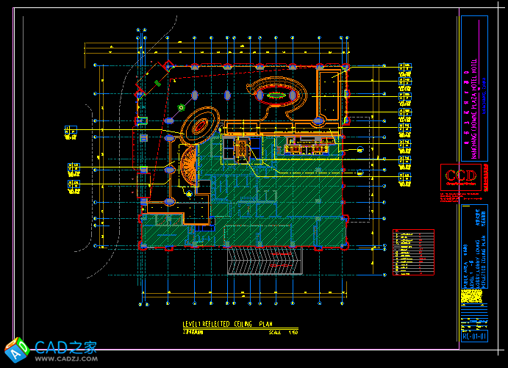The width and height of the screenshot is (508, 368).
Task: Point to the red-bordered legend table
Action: pyautogui.click(x=413, y=252)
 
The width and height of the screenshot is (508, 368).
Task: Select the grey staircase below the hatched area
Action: pyautogui.click(x=265, y=261)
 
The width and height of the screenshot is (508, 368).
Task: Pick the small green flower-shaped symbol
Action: pyautogui.click(x=181, y=107)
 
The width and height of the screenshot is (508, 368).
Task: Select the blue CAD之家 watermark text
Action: pyautogui.click(x=66, y=346)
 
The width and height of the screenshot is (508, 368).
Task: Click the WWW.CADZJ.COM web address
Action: pyautogui.click(x=66, y=359)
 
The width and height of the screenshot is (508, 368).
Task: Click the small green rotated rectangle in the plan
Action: pyautogui.click(x=158, y=84)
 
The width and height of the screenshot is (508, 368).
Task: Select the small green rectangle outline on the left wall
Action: pyautogui.click(x=143, y=121)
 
